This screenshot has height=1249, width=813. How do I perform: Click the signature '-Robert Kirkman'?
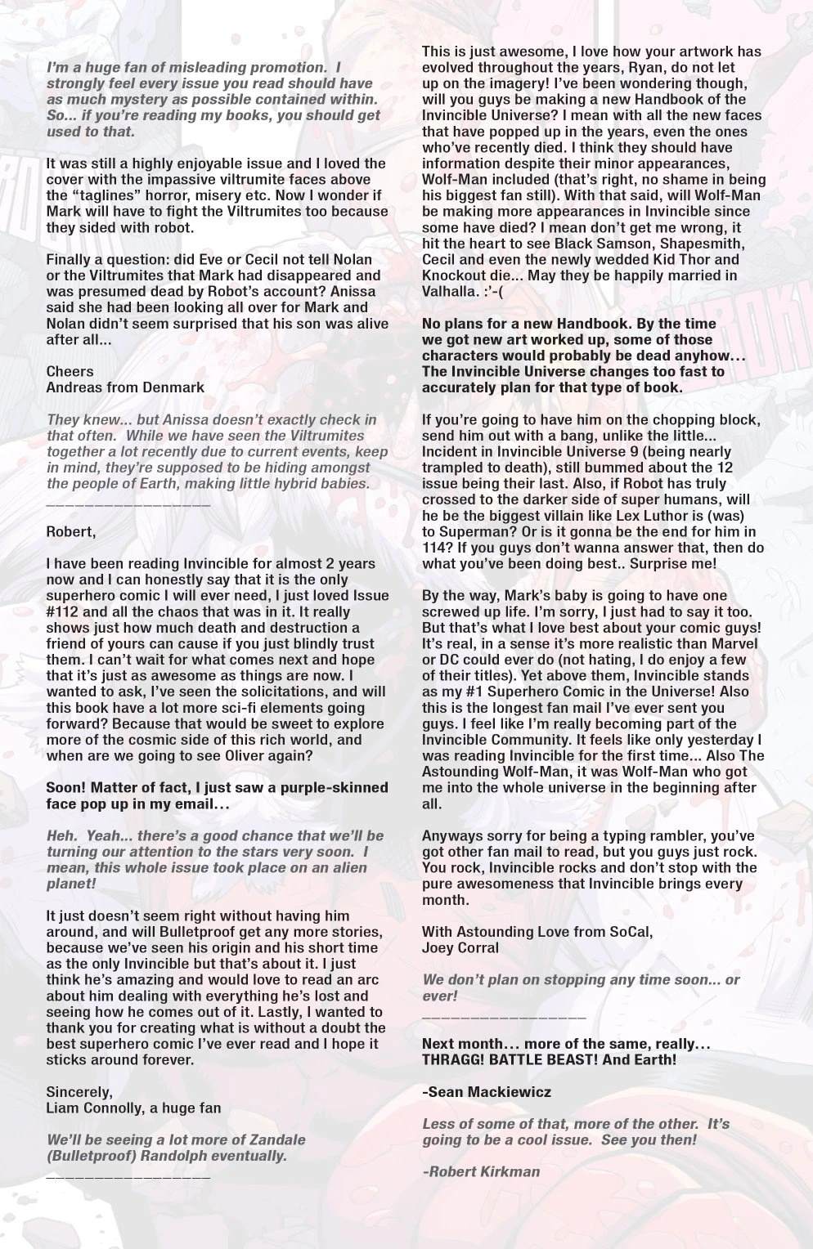tap(481, 1171)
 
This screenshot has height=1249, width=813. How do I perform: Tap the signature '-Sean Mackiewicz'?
tap(486, 1091)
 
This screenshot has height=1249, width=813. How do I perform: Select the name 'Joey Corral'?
tap(460, 947)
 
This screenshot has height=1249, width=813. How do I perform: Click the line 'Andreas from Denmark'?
tap(125, 387)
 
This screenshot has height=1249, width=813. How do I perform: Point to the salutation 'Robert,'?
tap(70, 531)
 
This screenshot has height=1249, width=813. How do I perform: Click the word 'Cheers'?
tap(70, 371)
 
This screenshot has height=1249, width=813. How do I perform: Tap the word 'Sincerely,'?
tap(79, 1092)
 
